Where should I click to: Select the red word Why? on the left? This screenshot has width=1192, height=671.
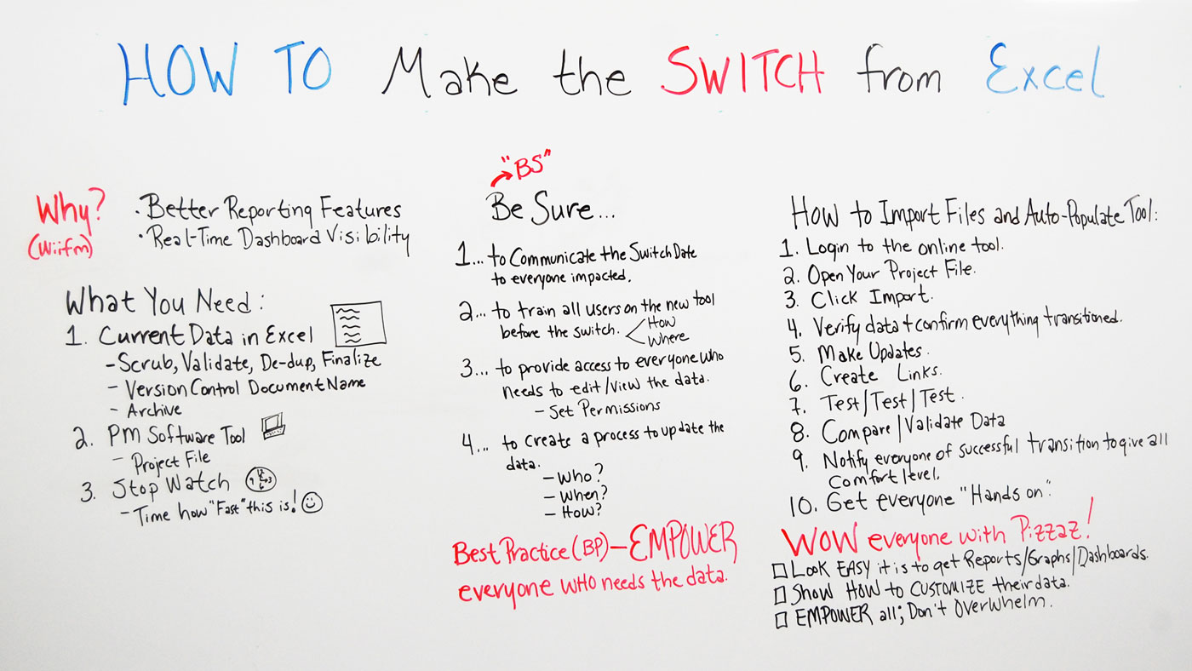point(70,210)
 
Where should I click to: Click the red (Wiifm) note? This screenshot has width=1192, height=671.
point(60,248)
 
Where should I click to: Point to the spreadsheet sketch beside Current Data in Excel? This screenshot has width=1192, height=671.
point(358,324)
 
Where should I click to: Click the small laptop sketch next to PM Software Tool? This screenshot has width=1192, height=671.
point(273,427)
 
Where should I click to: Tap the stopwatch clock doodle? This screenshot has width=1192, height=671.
point(261,480)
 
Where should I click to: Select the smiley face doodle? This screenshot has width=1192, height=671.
point(312,503)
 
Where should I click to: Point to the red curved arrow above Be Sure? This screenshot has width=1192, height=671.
point(501,176)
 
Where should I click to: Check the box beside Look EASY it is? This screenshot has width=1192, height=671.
point(780,571)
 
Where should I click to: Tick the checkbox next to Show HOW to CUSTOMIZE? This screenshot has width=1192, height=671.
point(780,595)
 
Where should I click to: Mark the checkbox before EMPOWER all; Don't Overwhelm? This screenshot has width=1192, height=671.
point(782,620)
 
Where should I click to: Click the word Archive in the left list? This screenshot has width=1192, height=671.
point(154,410)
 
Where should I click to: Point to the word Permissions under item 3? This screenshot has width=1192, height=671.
point(620,409)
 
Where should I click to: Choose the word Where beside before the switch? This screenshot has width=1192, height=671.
point(668,338)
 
